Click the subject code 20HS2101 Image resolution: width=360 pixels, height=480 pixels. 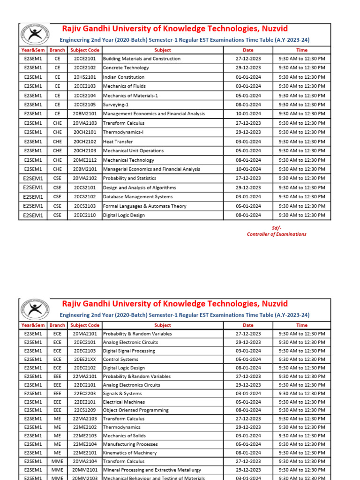[84, 77]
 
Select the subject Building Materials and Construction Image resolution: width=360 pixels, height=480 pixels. [142, 59]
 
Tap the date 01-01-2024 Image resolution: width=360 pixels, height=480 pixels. [248, 77]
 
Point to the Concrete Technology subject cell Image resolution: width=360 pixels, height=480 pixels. [126, 68]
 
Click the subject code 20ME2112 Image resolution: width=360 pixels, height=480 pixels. [84, 160]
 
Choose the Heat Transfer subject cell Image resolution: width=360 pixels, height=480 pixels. [118, 142]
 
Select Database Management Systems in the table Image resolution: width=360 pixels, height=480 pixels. [138, 197]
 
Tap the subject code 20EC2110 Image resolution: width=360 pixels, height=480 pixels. [84, 215]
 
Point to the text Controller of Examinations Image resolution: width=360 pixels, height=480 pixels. [277, 234]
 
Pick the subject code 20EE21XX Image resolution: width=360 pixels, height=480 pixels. [84, 360]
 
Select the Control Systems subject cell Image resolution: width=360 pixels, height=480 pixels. [120, 360]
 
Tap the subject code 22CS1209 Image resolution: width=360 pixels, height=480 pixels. [84, 410]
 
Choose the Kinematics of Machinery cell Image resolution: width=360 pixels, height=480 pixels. [130, 453]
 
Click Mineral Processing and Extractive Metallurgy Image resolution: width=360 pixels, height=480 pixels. [152, 470]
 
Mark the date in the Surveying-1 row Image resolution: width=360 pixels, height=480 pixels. [248, 105]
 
